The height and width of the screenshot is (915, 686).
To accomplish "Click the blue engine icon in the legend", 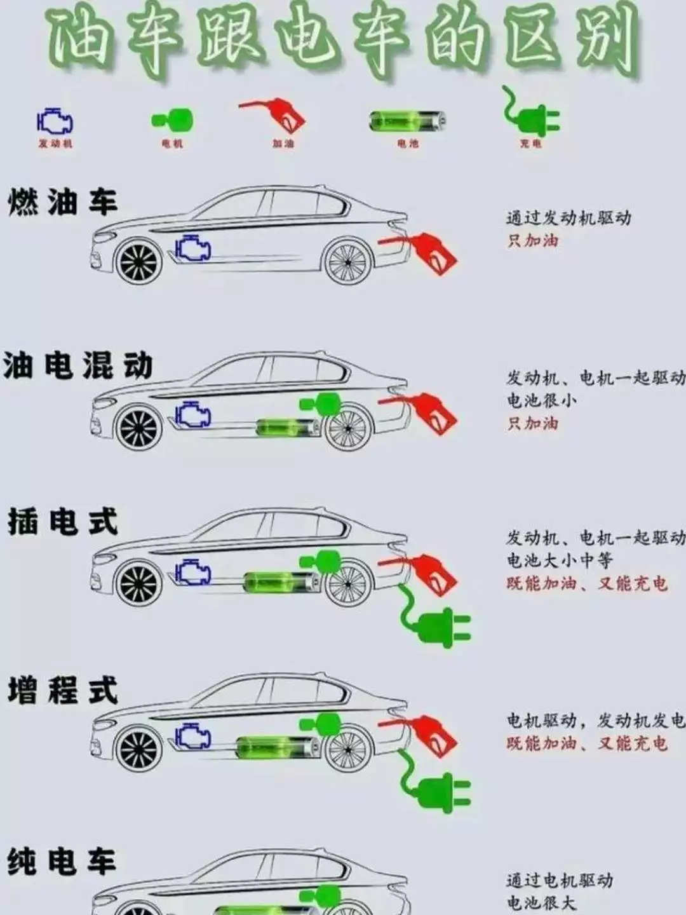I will [55, 121].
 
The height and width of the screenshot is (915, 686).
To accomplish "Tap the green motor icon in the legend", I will [173, 119].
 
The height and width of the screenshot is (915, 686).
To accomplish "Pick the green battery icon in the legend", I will [407, 121].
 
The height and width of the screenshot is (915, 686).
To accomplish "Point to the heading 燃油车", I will [62, 202].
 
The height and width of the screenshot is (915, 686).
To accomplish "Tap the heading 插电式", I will [62, 522].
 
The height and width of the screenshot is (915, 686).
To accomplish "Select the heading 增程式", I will [62, 691].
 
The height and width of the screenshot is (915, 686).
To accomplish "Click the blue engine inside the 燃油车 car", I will [192, 247].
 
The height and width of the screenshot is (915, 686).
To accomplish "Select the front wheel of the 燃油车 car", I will [138, 262].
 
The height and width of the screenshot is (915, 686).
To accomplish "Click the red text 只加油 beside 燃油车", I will [532, 241].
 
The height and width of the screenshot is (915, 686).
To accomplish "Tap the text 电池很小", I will [541, 400].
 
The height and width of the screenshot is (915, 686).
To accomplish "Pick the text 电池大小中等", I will [559, 560].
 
